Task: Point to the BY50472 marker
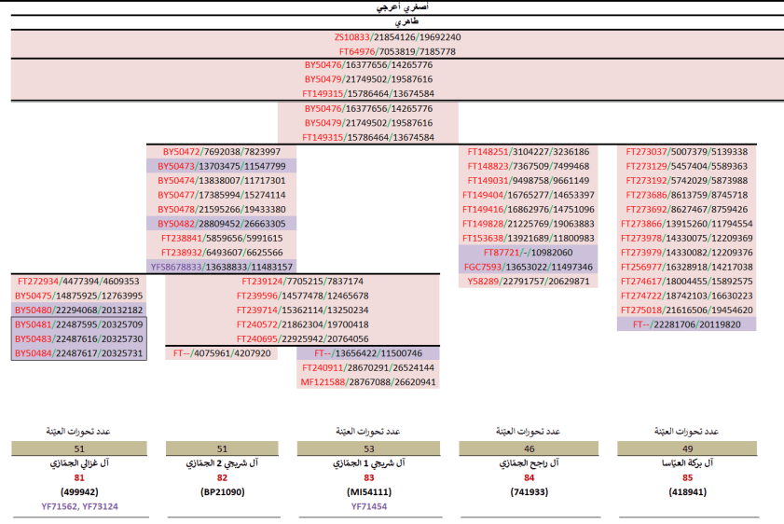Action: pyautogui.click(x=182, y=152)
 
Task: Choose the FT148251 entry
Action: pyautogui.click(x=488, y=152)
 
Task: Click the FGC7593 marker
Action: pyautogui.click(x=485, y=267)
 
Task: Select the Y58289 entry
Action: pyautogui.click(x=483, y=282)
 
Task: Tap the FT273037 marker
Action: pyautogui.click(x=647, y=152)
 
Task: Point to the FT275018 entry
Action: pyautogui.click(x=647, y=310)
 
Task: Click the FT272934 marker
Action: pyautogui.click(x=38, y=282)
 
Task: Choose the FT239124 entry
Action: pyautogui.click(x=261, y=282)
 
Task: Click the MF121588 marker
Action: pyautogui.click(x=321, y=382)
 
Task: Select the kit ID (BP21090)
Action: pyautogui.click(x=223, y=492)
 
